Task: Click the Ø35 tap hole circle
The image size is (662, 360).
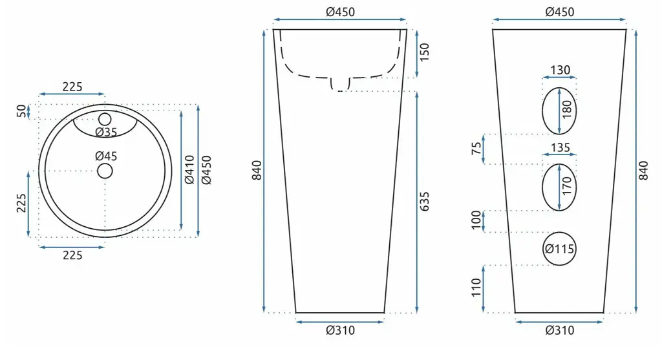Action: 105,113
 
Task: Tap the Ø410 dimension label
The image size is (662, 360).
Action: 189,170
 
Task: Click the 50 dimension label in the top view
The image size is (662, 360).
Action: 21,111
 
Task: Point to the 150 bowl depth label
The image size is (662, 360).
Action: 425,52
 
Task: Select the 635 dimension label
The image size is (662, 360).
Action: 425,201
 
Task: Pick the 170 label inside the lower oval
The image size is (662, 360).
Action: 567,185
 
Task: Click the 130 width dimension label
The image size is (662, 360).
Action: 561,70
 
